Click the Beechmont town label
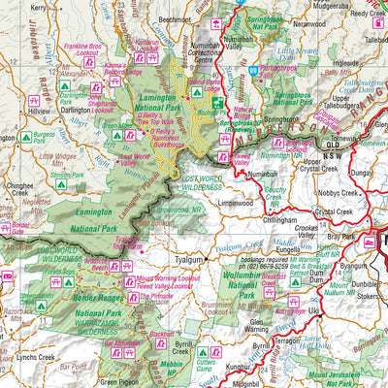point(177,17)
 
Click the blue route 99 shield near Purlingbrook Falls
point(251,70)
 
